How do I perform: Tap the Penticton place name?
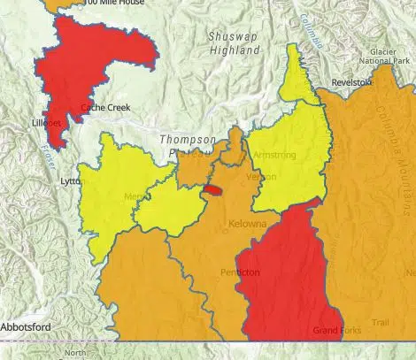pos(240,272)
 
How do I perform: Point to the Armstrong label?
pos(274,155)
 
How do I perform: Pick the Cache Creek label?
pos(99,108)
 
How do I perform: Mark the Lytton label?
pos(70,181)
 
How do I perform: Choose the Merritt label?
pos(135,196)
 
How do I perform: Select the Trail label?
pos(380,322)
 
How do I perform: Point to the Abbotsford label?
pos(26,327)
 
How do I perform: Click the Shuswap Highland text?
pos(234,43)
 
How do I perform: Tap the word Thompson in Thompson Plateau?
pos(187,140)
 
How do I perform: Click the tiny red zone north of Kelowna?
pos(213,188)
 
